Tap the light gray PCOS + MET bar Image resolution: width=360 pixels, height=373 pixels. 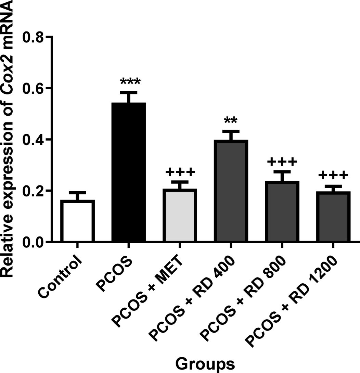(180, 216)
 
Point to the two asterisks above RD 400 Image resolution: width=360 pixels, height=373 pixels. (231, 121)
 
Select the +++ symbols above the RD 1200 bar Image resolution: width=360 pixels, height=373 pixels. (333, 176)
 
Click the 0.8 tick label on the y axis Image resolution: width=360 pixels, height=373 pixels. (34, 37)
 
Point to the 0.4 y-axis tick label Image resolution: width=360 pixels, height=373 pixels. (34, 140)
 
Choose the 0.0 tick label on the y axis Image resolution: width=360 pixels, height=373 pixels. (34, 242)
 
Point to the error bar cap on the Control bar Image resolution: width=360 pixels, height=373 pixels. (77, 193)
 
